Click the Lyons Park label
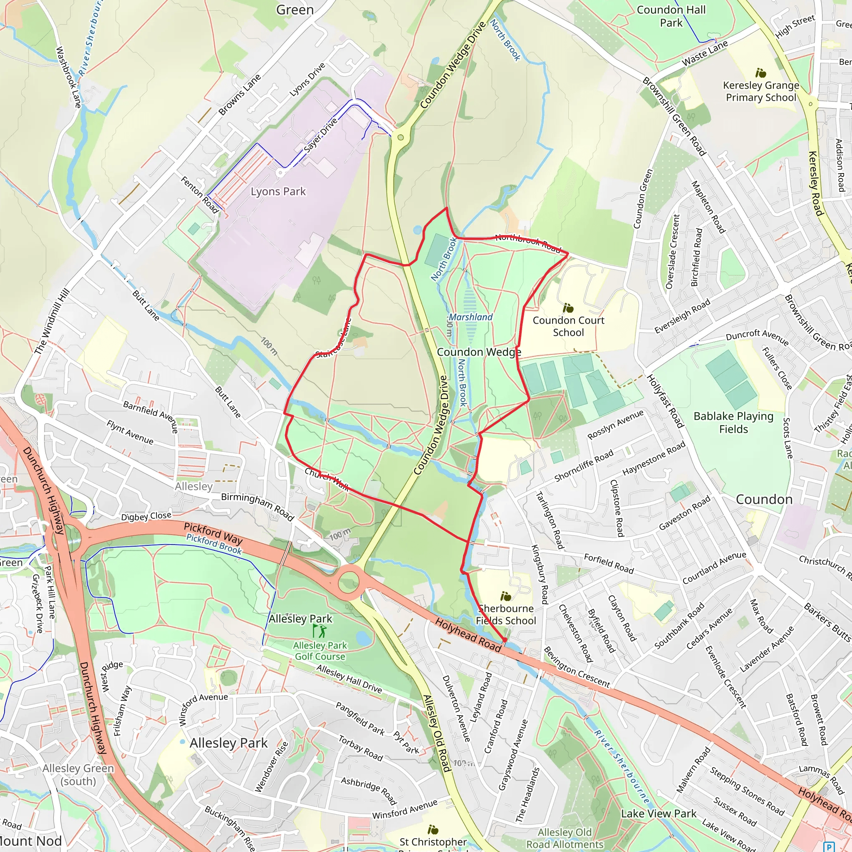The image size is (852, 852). [x=278, y=191]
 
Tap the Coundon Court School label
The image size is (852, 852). [x=568, y=326]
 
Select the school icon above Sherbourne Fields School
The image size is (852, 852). [x=506, y=597]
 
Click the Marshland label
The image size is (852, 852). [x=471, y=317]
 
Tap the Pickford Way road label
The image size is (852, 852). [x=213, y=533]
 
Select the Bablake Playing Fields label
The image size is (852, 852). [x=733, y=423]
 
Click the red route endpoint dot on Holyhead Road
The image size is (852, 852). [x=505, y=639]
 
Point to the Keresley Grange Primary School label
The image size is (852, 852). [x=761, y=91]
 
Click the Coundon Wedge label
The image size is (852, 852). [x=479, y=352]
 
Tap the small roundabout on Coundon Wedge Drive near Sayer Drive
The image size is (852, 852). [x=401, y=137]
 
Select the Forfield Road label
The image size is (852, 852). [x=609, y=564]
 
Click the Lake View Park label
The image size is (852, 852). [x=659, y=814]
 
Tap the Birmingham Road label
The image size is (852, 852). [x=257, y=506]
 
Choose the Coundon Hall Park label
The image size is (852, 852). [x=671, y=16]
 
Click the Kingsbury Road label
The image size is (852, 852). [x=540, y=574]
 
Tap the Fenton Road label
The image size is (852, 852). [x=199, y=194]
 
